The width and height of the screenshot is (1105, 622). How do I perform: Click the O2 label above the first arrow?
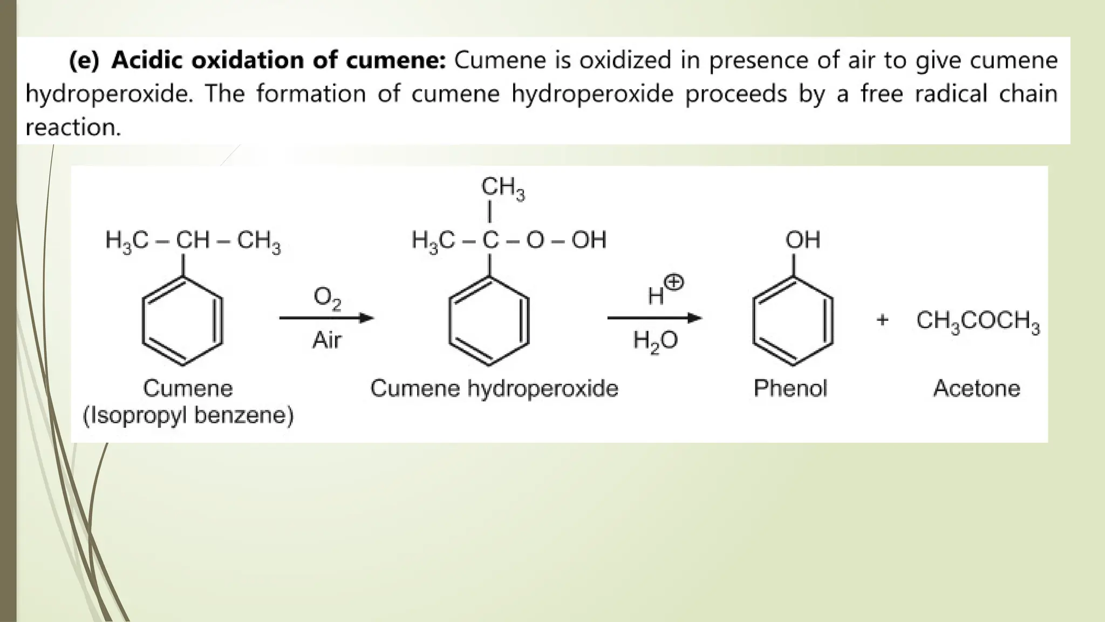(327, 299)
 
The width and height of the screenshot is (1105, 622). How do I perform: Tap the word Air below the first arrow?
(327, 340)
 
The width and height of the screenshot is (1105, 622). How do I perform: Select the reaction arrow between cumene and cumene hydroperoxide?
(326, 318)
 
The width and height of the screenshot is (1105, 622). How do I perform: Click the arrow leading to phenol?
(654, 318)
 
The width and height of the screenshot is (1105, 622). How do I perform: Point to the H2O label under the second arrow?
(655, 341)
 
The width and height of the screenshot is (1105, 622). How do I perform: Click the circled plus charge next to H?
(674, 282)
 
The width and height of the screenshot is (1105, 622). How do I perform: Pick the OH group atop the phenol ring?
(803, 240)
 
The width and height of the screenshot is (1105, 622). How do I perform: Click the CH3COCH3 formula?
(978, 321)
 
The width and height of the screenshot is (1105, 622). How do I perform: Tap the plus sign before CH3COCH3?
(882, 320)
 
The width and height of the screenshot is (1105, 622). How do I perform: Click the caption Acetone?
(977, 388)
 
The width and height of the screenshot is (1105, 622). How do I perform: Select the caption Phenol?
(790, 388)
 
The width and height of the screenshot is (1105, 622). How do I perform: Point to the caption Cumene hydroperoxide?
(494, 388)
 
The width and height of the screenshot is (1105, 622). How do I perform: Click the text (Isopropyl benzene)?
(188, 415)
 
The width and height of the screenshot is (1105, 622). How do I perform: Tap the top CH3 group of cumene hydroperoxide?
(502, 188)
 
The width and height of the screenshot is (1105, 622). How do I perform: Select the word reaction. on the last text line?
(73, 127)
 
